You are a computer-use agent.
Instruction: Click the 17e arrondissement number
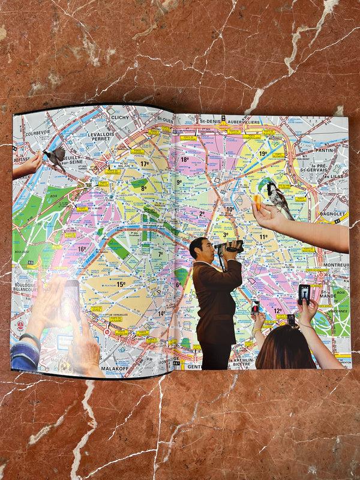click(x=145, y=163)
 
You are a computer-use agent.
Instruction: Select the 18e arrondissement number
click(x=184, y=160)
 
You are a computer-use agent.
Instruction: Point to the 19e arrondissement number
click(x=263, y=154)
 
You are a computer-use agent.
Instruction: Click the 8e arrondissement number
click(x=144, y=188)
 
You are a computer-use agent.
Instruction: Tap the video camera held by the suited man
click(x=232, y=246)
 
